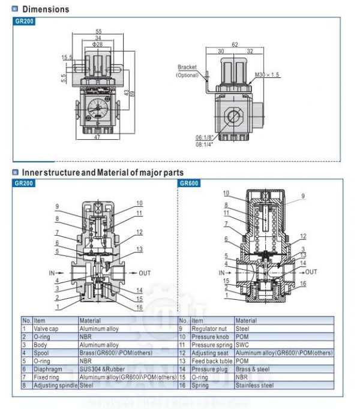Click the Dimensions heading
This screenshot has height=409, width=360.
click(46, 9)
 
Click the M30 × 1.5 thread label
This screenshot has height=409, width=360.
click(268, 75)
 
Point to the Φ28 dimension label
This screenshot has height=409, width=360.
click(97, 45)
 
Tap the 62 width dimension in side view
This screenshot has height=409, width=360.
click(235, 44)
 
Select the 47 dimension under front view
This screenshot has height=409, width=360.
click(97, 137)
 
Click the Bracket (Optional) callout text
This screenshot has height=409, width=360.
click(187, 71)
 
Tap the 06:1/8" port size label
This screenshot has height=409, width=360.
click(205, 137)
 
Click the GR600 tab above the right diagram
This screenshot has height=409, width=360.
click(188, 183)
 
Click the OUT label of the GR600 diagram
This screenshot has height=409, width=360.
click(311, 272)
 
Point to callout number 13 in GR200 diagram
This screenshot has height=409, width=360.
click(139, 249)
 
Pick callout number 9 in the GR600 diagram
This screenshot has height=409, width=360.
click(303, 196)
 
